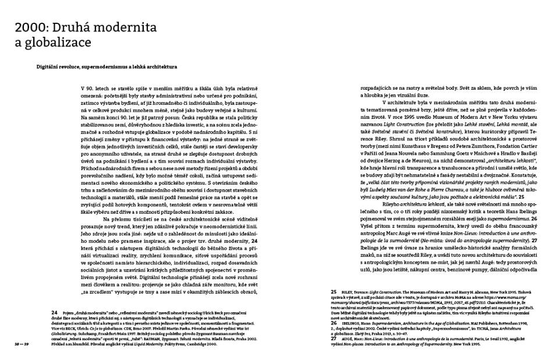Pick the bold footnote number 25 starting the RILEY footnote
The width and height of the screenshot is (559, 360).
pos(334,308)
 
